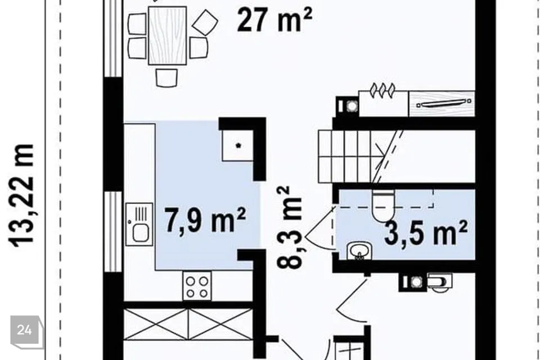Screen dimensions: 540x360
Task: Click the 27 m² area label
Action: tap(274, 20)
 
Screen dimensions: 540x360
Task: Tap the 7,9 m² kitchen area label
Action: tap(205, 219)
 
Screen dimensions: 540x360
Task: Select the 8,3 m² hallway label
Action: tap(289, 227)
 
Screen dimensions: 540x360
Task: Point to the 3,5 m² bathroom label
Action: tap(426, 233)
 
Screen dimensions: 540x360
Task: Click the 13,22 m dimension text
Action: tap(21, 196)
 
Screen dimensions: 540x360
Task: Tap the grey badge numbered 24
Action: tap(24, 330)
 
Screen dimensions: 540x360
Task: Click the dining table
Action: tap(168, 35)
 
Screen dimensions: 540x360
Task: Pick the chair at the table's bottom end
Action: tap(166, 78)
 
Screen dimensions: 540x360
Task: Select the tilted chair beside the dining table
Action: tap(205, 22)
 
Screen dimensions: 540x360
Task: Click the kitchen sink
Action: tap(139, 224)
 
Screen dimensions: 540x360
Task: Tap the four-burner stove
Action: tap(197, 286)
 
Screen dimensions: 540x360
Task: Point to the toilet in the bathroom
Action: tap(383, 206)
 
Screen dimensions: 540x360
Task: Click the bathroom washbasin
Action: tap(359, 250)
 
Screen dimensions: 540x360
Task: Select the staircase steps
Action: tap(351, 156)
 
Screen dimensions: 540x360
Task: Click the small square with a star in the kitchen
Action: tap(237, 145)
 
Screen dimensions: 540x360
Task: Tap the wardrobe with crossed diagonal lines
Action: tap(188, 324)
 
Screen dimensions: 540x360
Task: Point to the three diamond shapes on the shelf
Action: tap(382, 90)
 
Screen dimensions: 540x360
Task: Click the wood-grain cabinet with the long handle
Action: tap(442, 103)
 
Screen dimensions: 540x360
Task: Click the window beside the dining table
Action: tap(113, 38)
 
